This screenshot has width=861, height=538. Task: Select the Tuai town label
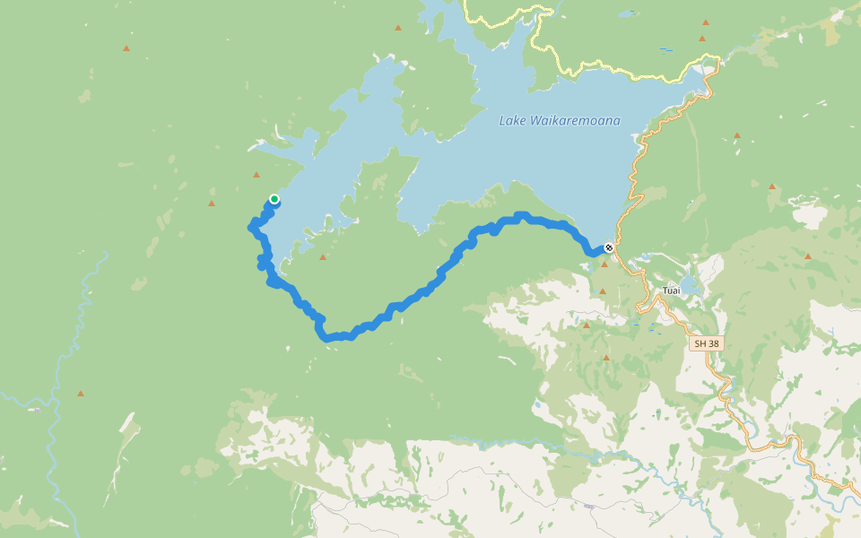coord(671,291)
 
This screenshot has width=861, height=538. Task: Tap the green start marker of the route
coord(274,199)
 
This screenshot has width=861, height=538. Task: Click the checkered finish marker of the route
coord(609,247)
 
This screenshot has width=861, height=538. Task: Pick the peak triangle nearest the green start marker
coord(257,175)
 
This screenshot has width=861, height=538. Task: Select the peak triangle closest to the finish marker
coord(604,265)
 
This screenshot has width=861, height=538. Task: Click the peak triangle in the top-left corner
coord(126,48)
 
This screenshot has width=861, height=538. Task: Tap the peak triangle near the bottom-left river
coord(81,394)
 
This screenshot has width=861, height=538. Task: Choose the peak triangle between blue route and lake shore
coord(323,257)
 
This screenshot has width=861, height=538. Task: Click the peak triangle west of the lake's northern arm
coord(398,28)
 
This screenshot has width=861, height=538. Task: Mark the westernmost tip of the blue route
coord(252,226)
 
